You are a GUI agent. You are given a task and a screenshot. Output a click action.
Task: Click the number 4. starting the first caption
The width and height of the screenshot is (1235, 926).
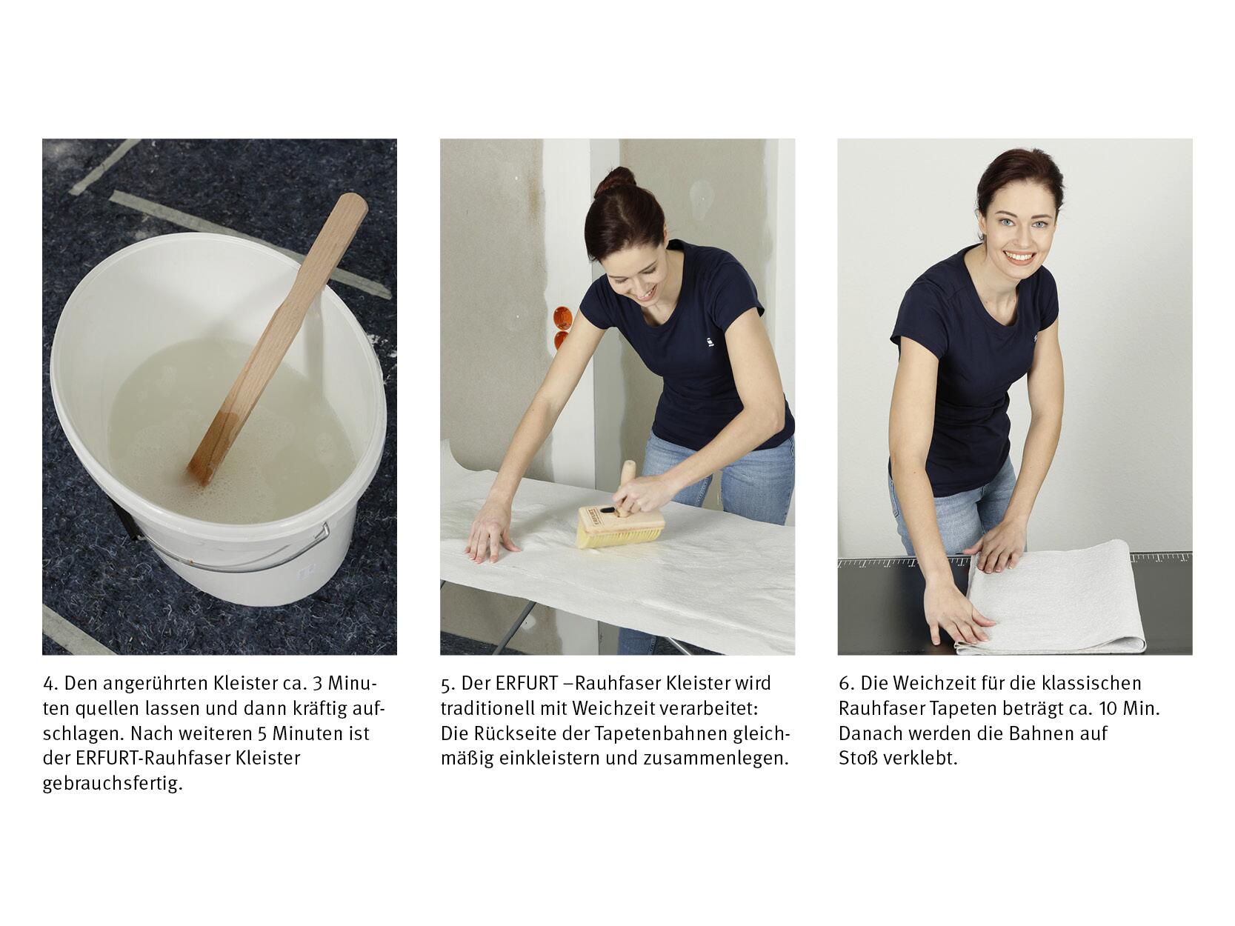click(50, 684)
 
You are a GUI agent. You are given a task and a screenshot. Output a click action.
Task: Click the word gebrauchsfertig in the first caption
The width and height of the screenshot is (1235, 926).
click(113, 783)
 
